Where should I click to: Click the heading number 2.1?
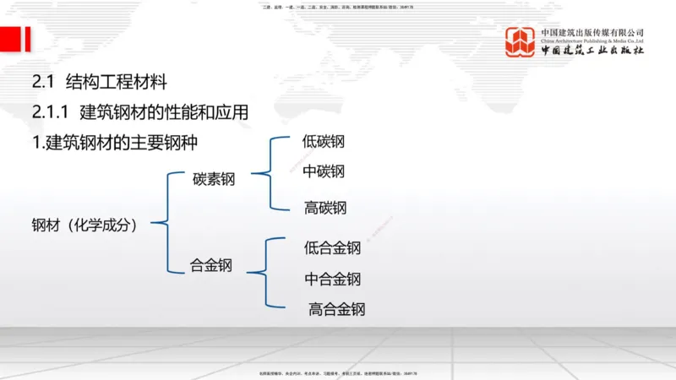(x=43, y=83)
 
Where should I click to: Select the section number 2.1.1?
(x=52, y=112)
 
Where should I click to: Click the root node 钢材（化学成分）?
(x=85, y=225)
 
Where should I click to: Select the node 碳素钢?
(x=214, y=179)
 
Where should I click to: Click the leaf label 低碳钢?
(x=323, y=142)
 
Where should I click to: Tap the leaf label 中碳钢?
(x=323, y=172)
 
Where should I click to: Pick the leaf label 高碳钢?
(x=325, y=208)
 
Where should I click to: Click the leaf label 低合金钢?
(x=332, y=248)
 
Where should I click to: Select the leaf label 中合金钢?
(x=332, y=280)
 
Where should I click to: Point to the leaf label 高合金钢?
(x=336, y=309)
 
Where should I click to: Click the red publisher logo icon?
(x=521, y=41)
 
